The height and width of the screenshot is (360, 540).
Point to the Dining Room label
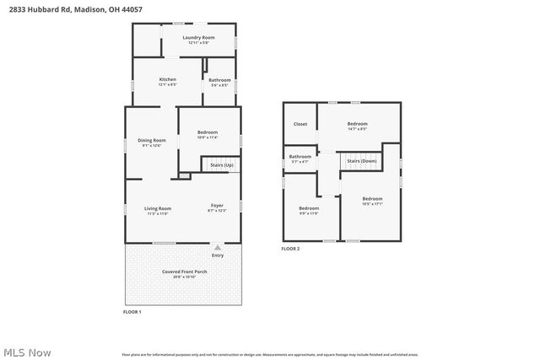[152, 142]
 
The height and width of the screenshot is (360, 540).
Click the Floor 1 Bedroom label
[208, 133]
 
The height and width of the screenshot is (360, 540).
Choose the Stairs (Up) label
[222, 165]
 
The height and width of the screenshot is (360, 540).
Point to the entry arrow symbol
[218, 248]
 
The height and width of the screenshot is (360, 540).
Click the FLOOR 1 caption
[133, 313]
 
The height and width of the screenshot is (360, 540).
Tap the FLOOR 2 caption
[290, 249]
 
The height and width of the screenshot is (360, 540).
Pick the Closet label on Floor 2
[300, 124]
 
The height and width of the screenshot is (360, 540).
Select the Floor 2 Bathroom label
[300, 158]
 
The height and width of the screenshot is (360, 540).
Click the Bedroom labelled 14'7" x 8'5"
[357, 126]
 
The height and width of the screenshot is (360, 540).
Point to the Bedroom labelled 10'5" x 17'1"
[372, 201]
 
